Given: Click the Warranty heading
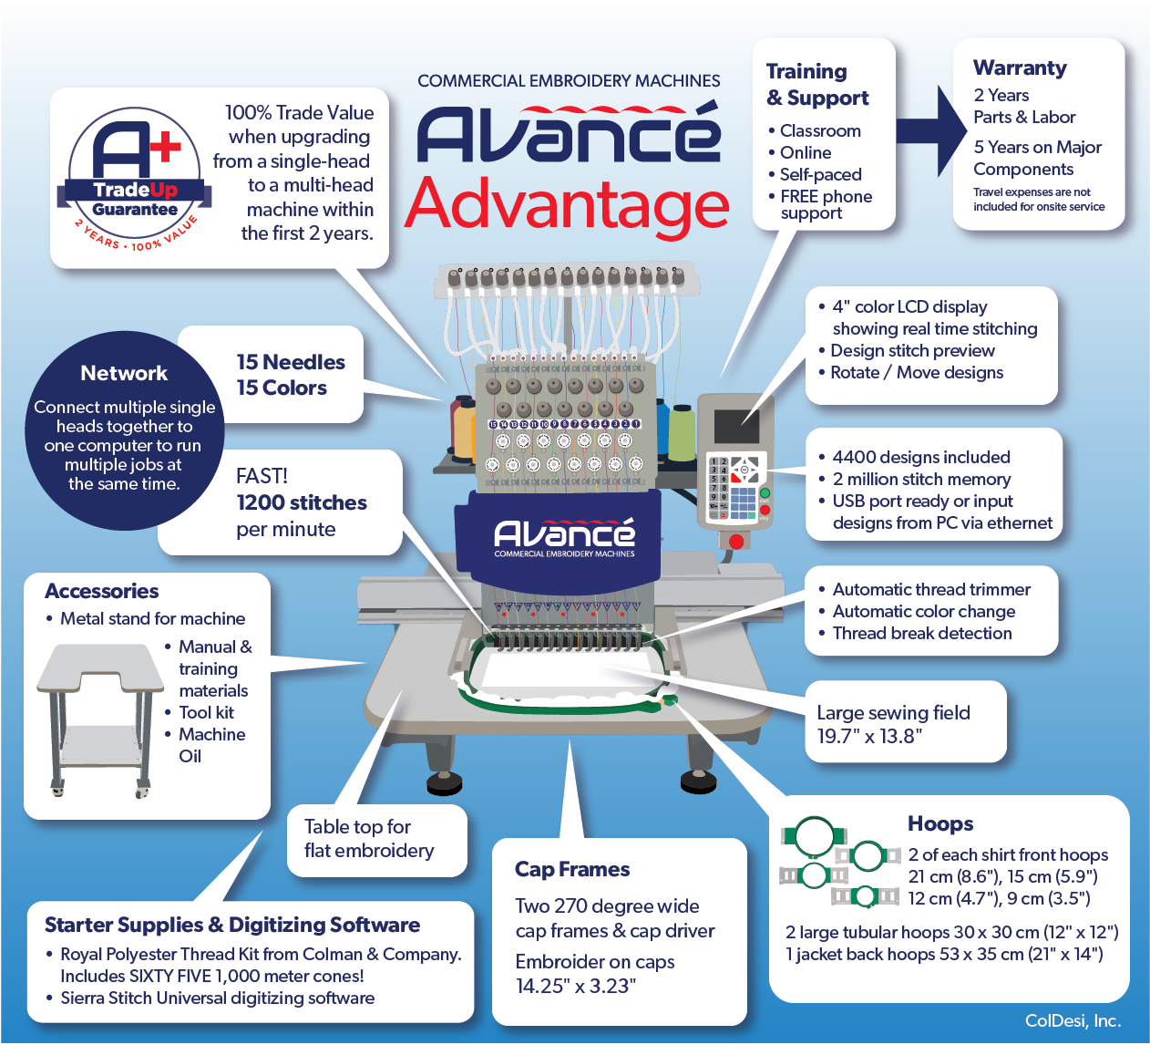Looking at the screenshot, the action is coord(1020,67).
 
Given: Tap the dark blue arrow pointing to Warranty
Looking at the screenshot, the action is coord(931,130).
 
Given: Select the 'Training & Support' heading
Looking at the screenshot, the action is coord(817,85).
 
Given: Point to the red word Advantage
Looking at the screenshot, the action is coord(567,207).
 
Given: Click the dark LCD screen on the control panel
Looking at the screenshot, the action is coord(736,427).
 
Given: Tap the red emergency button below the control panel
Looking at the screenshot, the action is coord(735,541).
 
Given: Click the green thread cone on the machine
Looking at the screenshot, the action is coord(682,432).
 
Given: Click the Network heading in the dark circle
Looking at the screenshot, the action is coord(124,373).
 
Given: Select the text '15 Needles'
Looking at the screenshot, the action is coord(291,362).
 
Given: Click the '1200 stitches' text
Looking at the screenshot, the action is coord(302,502).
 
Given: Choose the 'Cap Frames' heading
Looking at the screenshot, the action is coord(572,869).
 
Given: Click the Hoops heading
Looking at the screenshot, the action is coord(940,823).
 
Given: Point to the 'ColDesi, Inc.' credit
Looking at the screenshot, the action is coord(1073,1020).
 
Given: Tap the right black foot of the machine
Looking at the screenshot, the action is coord(698,781).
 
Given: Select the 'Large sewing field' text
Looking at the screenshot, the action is coord(893,713).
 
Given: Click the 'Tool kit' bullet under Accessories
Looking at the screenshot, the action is coord(206,713).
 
